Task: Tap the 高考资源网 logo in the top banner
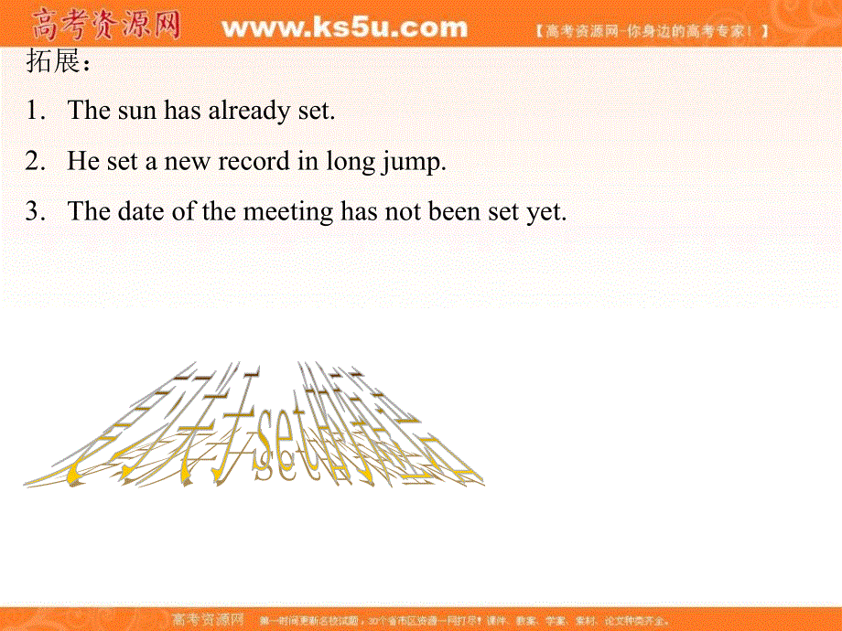coord(106,25)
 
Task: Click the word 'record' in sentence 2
coord(253,162)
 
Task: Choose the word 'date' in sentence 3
coord(140,212)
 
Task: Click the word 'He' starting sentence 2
coord(82,162)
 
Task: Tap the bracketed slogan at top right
coord(651,30)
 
